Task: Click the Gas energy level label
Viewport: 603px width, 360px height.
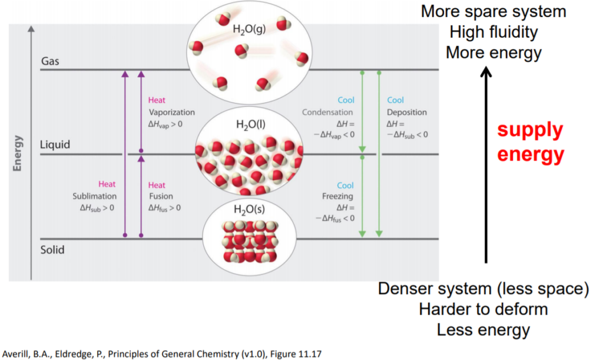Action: pos(51,61)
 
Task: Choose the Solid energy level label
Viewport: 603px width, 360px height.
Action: pos(52,250)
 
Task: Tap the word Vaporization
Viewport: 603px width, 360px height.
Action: pos(171,113)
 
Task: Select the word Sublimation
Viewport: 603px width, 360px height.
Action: pos(94,196)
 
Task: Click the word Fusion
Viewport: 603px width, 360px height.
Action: pos(161,196)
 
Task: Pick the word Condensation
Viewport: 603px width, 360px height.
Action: pos(327,113)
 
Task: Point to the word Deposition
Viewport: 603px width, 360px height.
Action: pos(407,113)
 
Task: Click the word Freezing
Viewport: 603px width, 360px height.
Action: pos(338,197)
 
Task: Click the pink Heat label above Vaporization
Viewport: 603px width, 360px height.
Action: pos(157,101)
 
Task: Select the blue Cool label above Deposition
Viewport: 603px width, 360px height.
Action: pos(395,101)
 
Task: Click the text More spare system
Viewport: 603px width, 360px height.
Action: pos(493,11)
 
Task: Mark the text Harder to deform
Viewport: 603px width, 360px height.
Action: pos(483,309)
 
